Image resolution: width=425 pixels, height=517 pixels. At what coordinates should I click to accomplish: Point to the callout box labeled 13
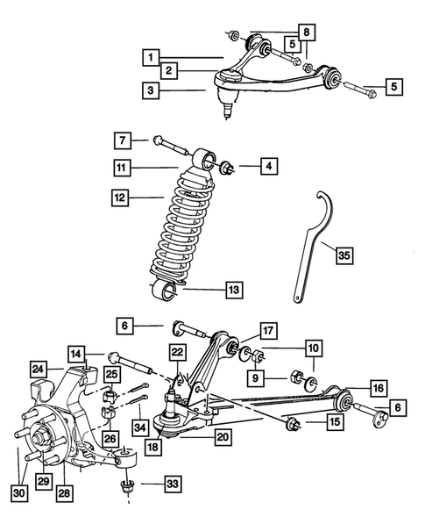click(x=232, y=289)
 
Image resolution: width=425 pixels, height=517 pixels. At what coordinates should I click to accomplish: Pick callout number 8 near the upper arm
click(x=305, y=33)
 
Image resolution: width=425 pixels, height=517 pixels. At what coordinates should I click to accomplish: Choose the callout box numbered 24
click(x=39, y=369)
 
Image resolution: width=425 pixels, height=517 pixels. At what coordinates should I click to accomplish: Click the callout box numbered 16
click(x=379, y=388)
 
